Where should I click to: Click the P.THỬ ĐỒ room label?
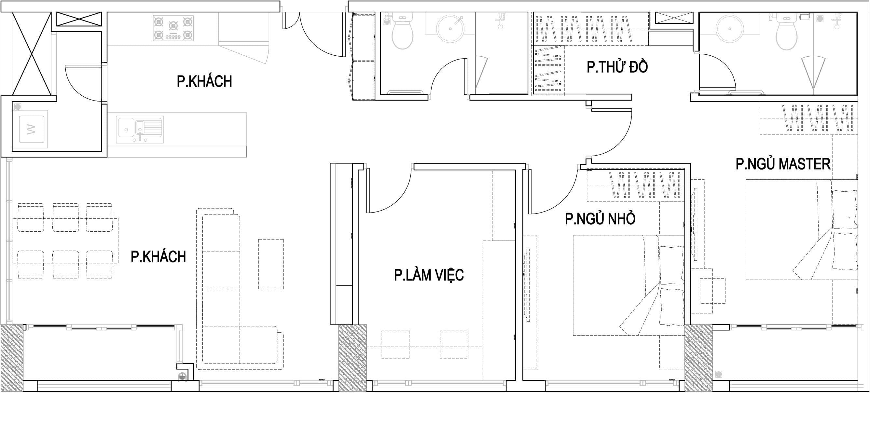point(617,67)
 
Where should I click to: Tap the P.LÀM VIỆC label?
point(429,275)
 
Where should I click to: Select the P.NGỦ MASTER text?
point(783,164)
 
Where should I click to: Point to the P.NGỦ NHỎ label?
point(600,219)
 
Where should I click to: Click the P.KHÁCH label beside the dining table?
point(159,257)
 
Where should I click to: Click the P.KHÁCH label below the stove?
point(204,81)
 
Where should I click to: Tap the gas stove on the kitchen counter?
point(173,28)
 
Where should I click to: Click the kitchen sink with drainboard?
point(140,130)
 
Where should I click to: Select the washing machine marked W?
point(31,129)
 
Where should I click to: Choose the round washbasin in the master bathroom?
point(730,29)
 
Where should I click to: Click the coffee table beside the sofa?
point(271,264)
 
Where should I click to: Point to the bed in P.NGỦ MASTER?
point(801,230)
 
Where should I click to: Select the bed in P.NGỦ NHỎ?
point(628,285)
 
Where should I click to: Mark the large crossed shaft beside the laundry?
point(32,54)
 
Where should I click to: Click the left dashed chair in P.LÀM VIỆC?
point(396,345)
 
